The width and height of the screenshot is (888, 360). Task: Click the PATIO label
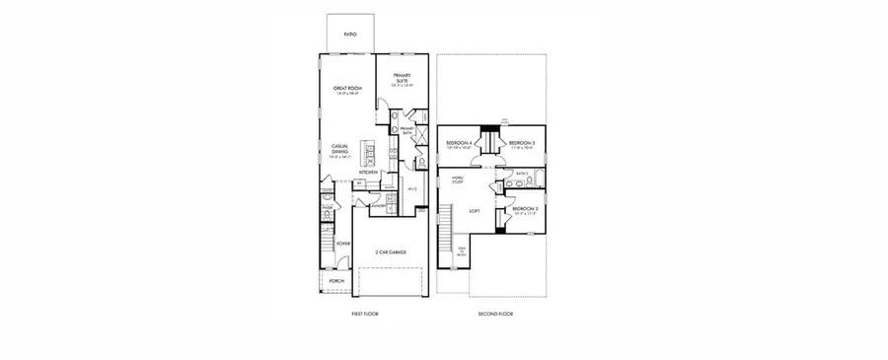pyautogui.click(x=350, y=35)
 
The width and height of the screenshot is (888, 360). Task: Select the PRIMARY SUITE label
pyautogui.click(x=401, y=79)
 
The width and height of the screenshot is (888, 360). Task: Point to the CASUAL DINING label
pyautogui.click(x=341, y=150)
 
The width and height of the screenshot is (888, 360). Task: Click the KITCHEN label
pyautogui.click(x=369, y=172)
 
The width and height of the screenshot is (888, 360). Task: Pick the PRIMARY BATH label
pyautogui.click(x=407, y=131)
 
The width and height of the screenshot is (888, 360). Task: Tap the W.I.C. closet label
pyautogui.click(x=412, y=188)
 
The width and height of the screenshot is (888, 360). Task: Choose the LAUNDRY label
pyautogui.click(x=378, y=205)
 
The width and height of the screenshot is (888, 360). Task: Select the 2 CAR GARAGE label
pyautogui.click(x=391, y=252)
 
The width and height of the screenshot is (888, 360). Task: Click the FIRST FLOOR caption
pyautogui.click(x=365, y=314)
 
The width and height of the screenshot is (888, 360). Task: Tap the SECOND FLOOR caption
pyautogui.click(x=496, y=314)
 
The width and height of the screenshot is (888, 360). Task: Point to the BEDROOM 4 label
pyautogui.click(x=460, y=144)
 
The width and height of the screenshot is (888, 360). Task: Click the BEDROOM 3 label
pyautogui.click(x=521, y=144)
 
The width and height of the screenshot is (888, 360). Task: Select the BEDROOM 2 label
pyautogui.click(x=524, y=209)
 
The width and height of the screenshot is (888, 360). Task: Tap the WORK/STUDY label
pyautogui.click(x=458, y=180)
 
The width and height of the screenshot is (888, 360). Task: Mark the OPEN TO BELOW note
pyautogui.click(x=462, y=252)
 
